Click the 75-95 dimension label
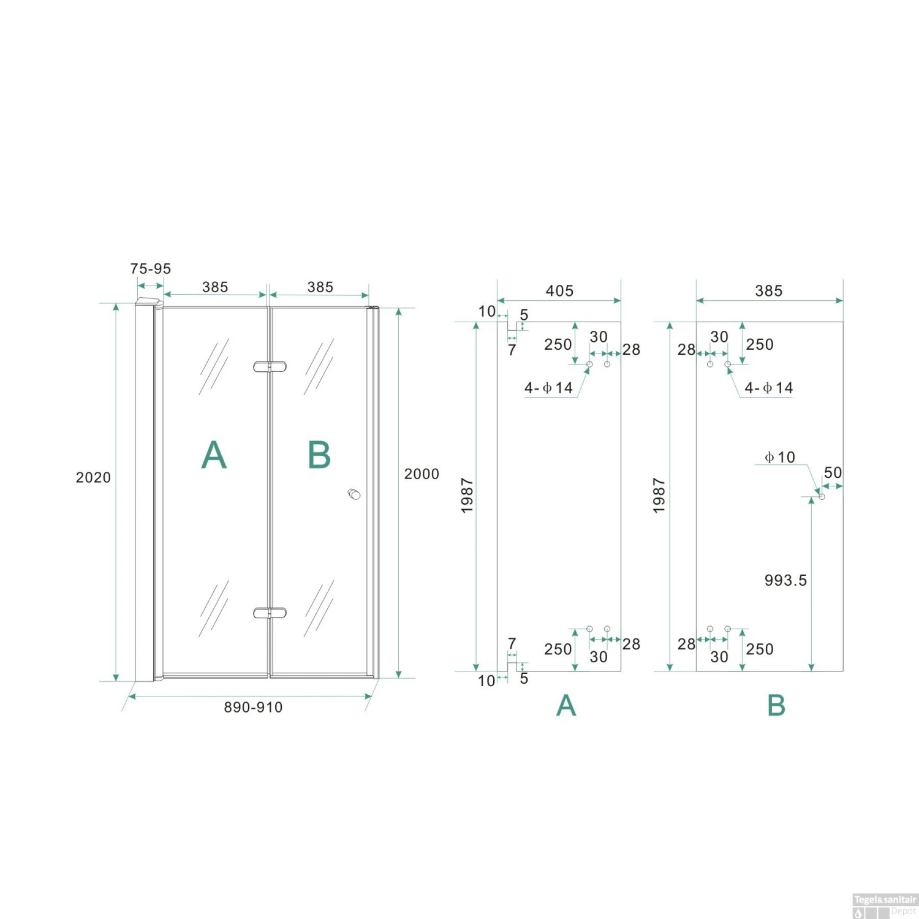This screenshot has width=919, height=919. point(150,269)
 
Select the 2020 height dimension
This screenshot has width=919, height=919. point(93,478)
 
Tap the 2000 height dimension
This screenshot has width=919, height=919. point(422,474)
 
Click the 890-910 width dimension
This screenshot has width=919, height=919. point(253,708)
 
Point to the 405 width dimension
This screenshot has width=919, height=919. point(559,291)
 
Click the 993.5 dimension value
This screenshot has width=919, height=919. point(785,580)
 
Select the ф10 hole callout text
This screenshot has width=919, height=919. point(779,457)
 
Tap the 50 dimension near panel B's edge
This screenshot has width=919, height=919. point(833,473)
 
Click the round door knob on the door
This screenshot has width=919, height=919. point(354,494)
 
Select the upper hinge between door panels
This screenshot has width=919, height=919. point(270,367)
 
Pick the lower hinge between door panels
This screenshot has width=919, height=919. point(270,613)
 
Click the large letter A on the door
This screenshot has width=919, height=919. point(214,455)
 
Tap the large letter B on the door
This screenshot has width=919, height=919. point(319,455)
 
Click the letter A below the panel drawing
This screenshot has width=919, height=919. point(566,705)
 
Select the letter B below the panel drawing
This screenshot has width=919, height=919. point(776,705)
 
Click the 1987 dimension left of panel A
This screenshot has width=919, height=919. point(467,496)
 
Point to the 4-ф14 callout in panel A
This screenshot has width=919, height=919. point(548,388)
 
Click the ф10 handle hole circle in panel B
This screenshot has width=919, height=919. point(822,496)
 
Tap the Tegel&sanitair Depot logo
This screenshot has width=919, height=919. point(885,906)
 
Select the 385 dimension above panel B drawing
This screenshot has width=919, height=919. point(769,291)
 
